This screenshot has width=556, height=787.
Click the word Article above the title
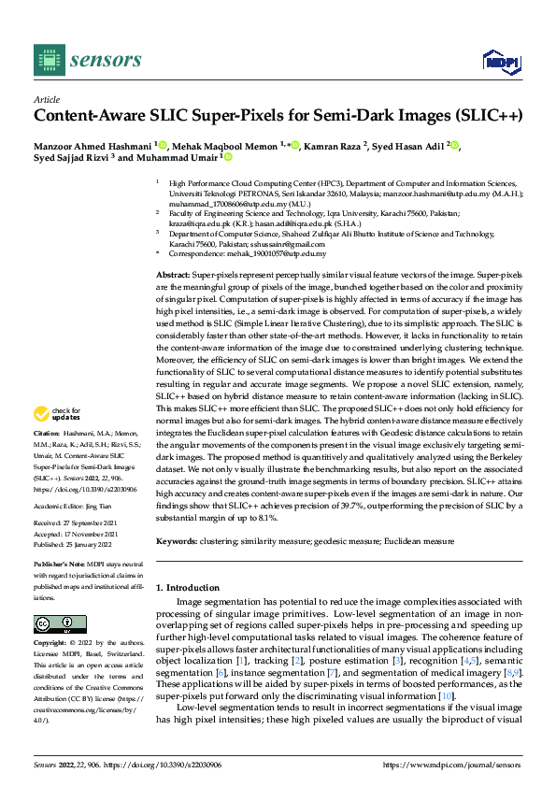[46, 99]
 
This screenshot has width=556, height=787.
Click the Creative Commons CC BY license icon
[60, 624]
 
